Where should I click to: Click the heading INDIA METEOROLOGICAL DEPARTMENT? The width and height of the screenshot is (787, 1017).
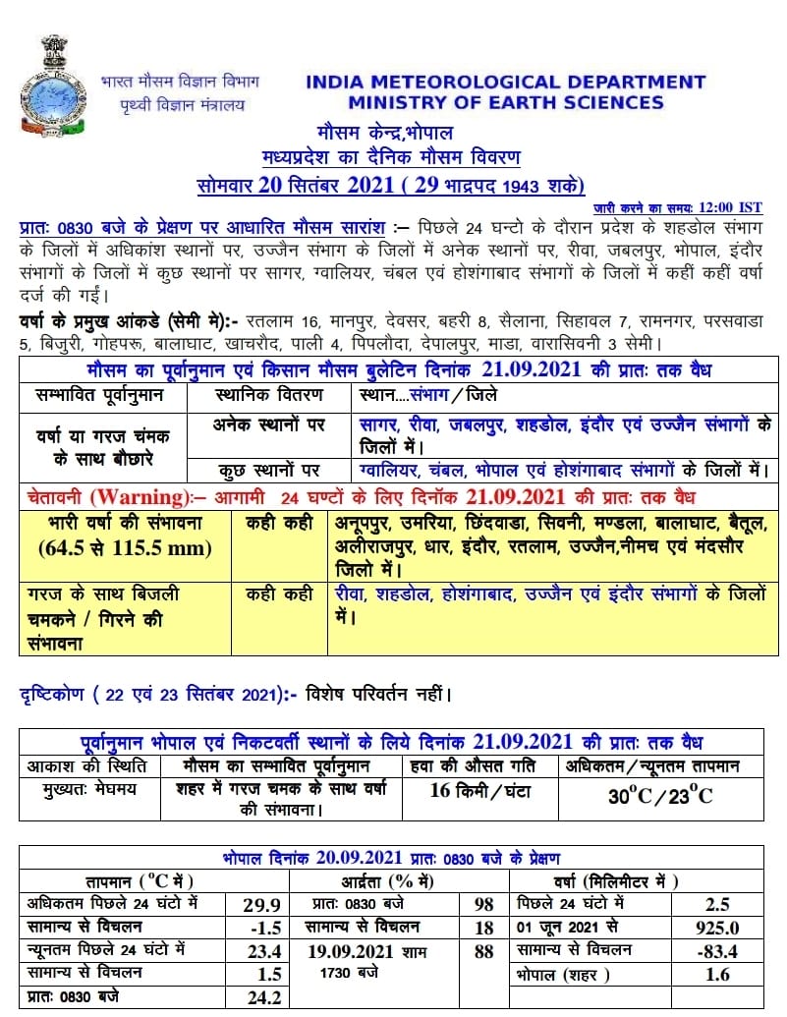[505, 83]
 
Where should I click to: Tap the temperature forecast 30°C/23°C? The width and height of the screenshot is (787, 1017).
[660, 795]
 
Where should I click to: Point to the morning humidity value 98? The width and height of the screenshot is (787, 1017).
[482, 904]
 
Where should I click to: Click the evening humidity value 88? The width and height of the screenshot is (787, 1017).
[482, 951]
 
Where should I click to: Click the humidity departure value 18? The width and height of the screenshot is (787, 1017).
[482, 928]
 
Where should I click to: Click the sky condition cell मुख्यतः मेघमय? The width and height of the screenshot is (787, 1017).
[89, 789]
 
